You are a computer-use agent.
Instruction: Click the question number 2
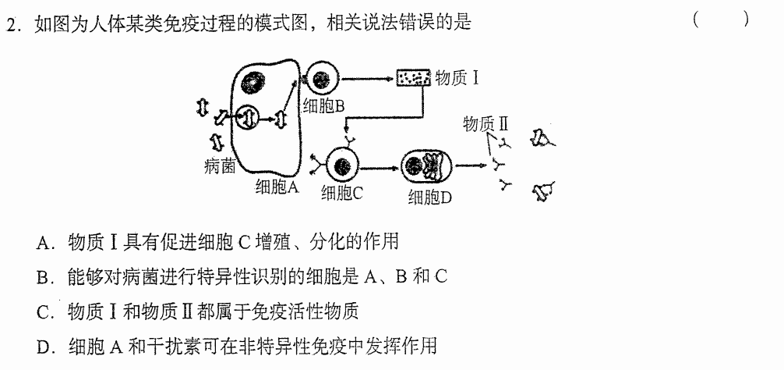[x=10, y=24]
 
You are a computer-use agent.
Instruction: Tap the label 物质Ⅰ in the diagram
[x=457, y=78]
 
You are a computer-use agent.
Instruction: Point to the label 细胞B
[x=323, y=105]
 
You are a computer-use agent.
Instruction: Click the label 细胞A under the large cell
[x=277, y=187]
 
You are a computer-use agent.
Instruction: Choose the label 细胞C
[x=341, y=193]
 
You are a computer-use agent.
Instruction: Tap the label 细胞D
[x=430, y=198]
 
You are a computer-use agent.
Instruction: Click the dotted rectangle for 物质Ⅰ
[x=414, y=77]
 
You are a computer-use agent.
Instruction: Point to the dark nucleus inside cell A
[x=253, y=83]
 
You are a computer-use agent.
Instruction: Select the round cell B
[x=322, y=79]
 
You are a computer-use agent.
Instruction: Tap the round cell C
[x=342, y=165]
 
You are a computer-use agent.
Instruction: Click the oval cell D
[x=426, y=166]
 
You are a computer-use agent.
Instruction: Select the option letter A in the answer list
[x=42, y=244]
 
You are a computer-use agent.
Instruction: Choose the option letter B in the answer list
[x=42, y=278]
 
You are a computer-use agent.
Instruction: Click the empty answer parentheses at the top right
[x=721, y=20]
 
